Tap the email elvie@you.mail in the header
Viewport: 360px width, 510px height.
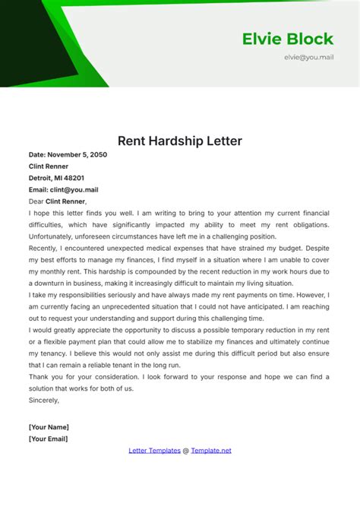[310, 57]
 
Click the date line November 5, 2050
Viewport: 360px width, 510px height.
[68, 154]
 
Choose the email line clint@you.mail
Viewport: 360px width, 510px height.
[63, 189]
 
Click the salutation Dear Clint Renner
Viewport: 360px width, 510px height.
[58, 201]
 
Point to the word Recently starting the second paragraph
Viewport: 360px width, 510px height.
[46, 248]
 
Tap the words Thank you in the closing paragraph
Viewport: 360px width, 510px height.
[47, 376]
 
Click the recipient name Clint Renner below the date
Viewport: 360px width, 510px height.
[49, 166]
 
